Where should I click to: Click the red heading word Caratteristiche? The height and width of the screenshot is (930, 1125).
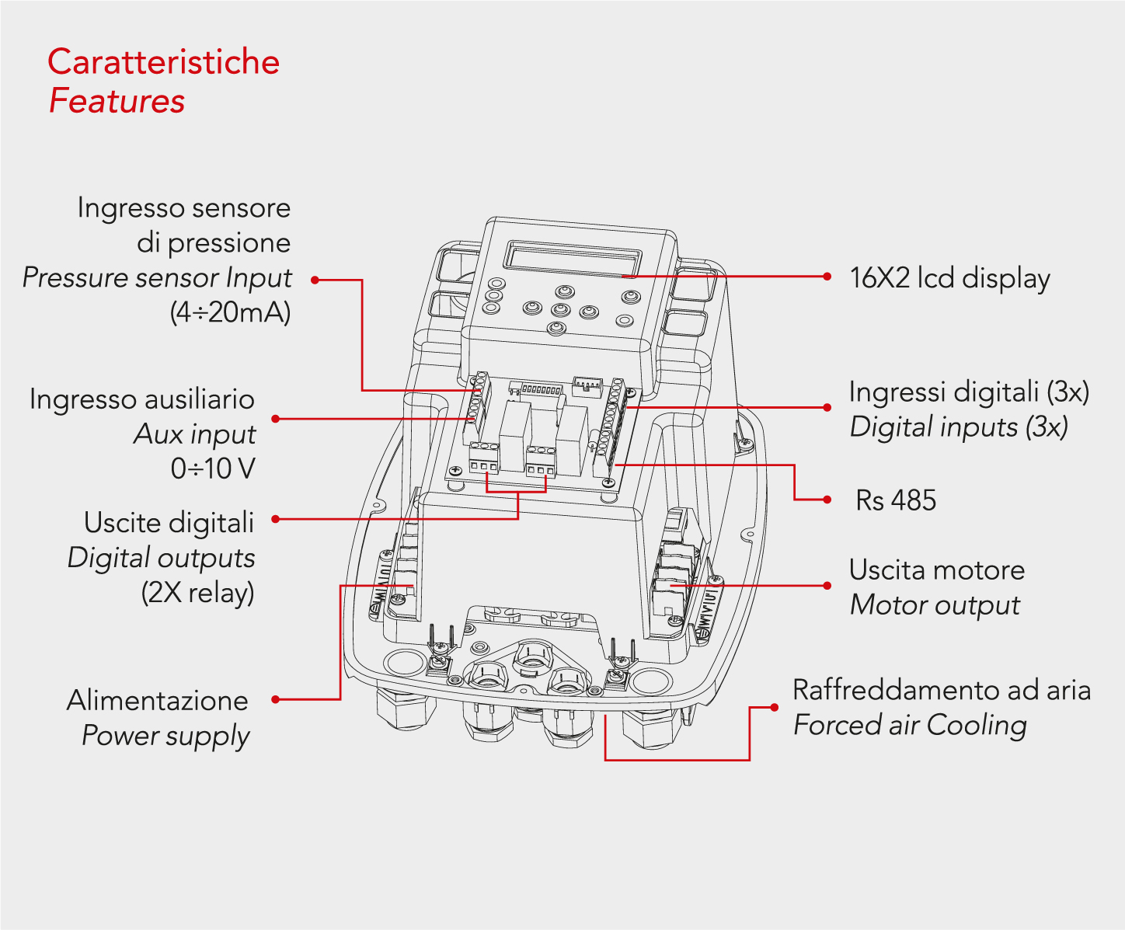coord(163,62)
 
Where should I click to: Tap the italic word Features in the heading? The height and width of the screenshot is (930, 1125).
coord(117,101)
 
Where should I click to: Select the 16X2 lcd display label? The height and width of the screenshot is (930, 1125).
coord(949,277)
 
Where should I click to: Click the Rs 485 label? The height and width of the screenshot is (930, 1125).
coord(896,500)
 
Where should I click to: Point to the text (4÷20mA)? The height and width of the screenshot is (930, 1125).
coord(230,312)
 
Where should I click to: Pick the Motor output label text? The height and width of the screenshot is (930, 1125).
coord(935,604)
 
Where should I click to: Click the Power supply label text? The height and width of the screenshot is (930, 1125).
coord(165,735)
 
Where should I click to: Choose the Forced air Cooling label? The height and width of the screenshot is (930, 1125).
coord(910,725)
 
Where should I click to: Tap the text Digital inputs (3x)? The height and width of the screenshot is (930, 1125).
coord(959,427)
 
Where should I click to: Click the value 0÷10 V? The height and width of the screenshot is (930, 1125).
coord(213,468)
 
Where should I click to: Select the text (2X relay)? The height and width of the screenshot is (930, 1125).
coord(197,593)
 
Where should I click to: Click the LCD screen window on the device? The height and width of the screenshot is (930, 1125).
coord(573,256)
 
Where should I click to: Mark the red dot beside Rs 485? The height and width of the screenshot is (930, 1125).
coord(827,500)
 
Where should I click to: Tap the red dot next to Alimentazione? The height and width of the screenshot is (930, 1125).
coord(275,700)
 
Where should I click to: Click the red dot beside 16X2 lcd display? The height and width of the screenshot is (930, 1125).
coord(827,276)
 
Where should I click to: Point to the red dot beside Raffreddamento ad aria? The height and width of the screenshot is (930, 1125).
coord(774,707)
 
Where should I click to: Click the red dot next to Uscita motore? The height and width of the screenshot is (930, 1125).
coord(827,585)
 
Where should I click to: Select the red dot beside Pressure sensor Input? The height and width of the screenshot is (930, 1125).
coord(315,280)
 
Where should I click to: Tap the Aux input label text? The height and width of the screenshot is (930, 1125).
coord(194,434)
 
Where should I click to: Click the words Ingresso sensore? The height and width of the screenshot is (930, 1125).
coord(183,207)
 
